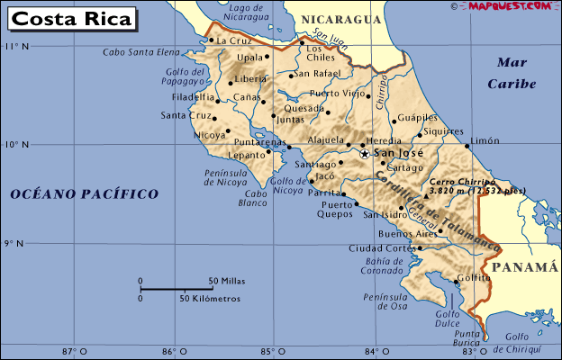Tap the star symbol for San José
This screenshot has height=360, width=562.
(x=365, y=154)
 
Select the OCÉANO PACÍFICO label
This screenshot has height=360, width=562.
(x=85, y=193)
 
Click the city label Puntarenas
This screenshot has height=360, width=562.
(x=259, y=142)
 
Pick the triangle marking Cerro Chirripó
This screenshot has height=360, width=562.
(x=425, y=193)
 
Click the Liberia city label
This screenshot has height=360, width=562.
(x=251, y=79)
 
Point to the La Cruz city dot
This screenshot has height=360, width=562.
(x=211, y=40)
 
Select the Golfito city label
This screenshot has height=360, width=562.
(x=474, y=278)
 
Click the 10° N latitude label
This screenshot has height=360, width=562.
(x=17, y=144)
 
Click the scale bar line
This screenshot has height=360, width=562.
(x=176, y=289)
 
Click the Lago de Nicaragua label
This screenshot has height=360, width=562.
(x=247, y=12)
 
